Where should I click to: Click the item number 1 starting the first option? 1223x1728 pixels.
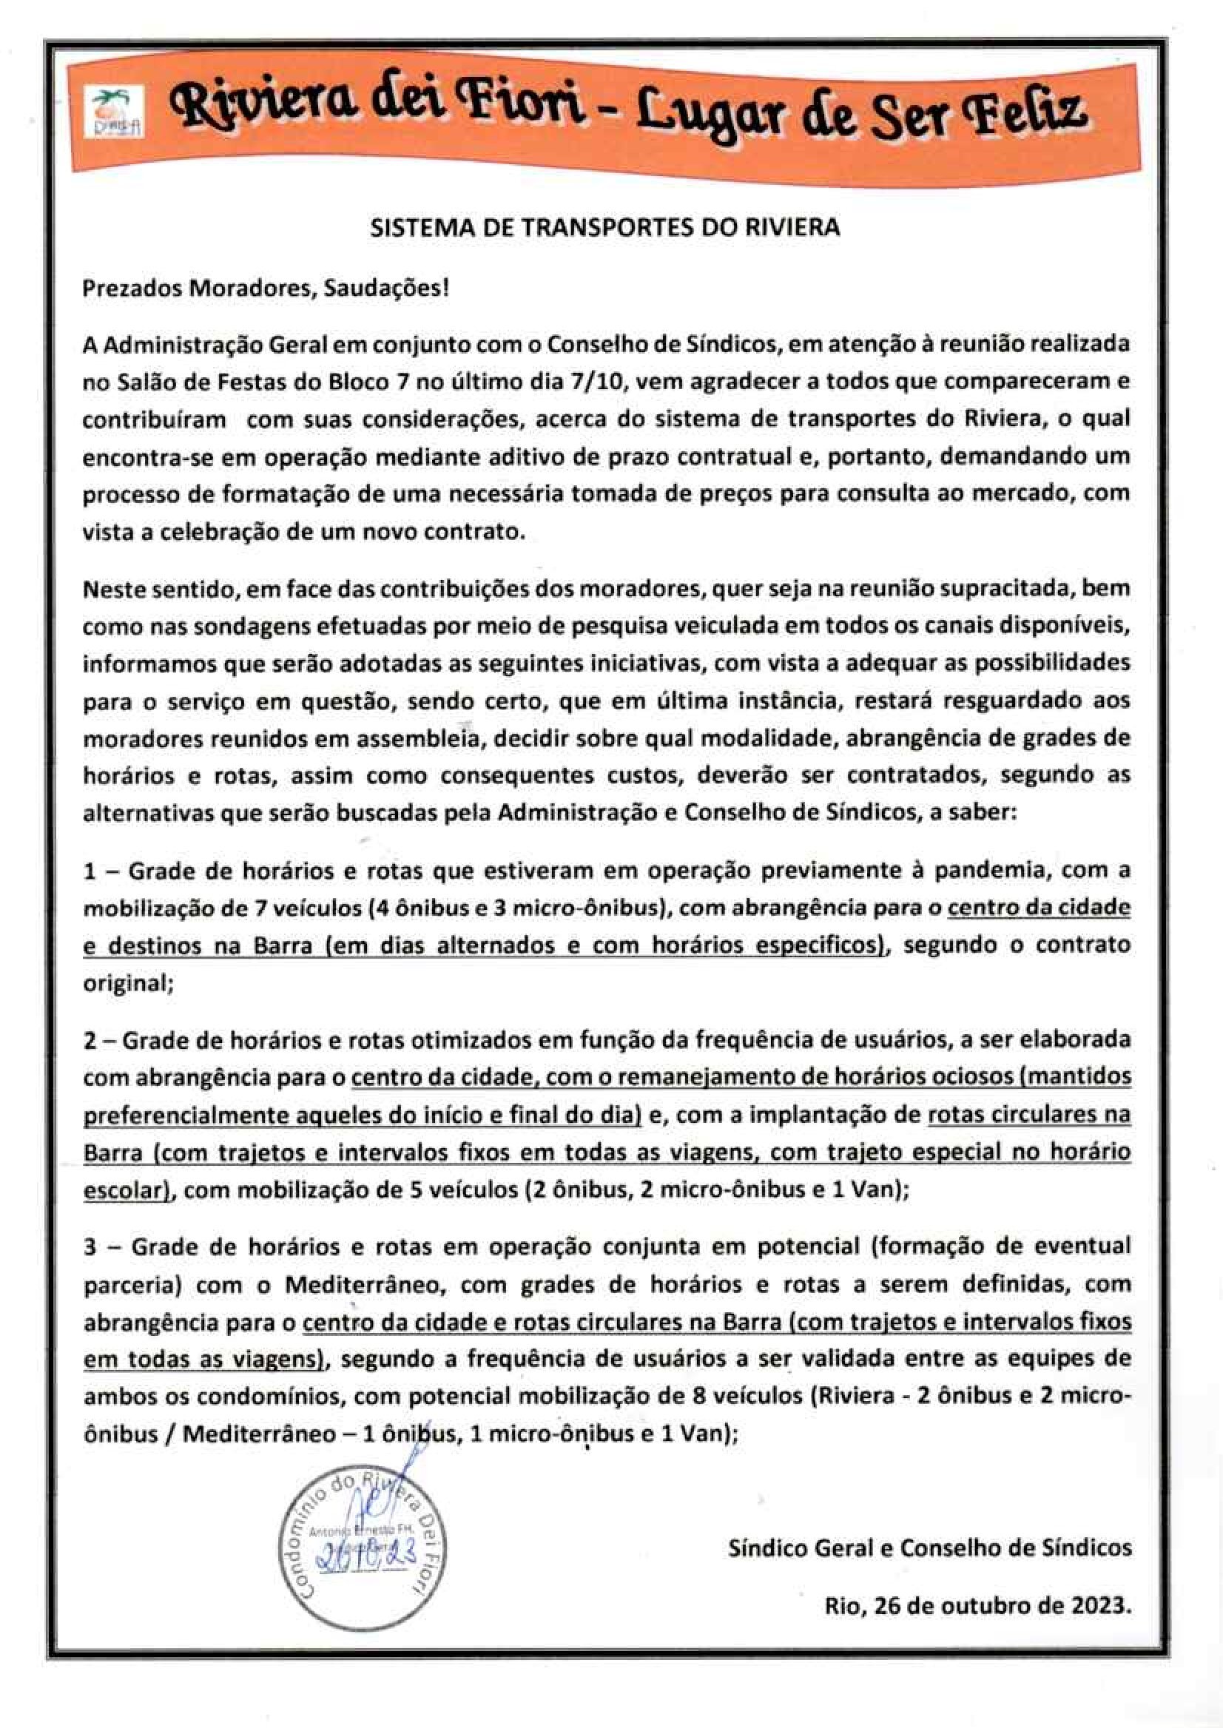90,872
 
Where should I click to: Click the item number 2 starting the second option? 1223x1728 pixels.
90,1041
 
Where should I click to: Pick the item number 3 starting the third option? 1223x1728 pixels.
90,1247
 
